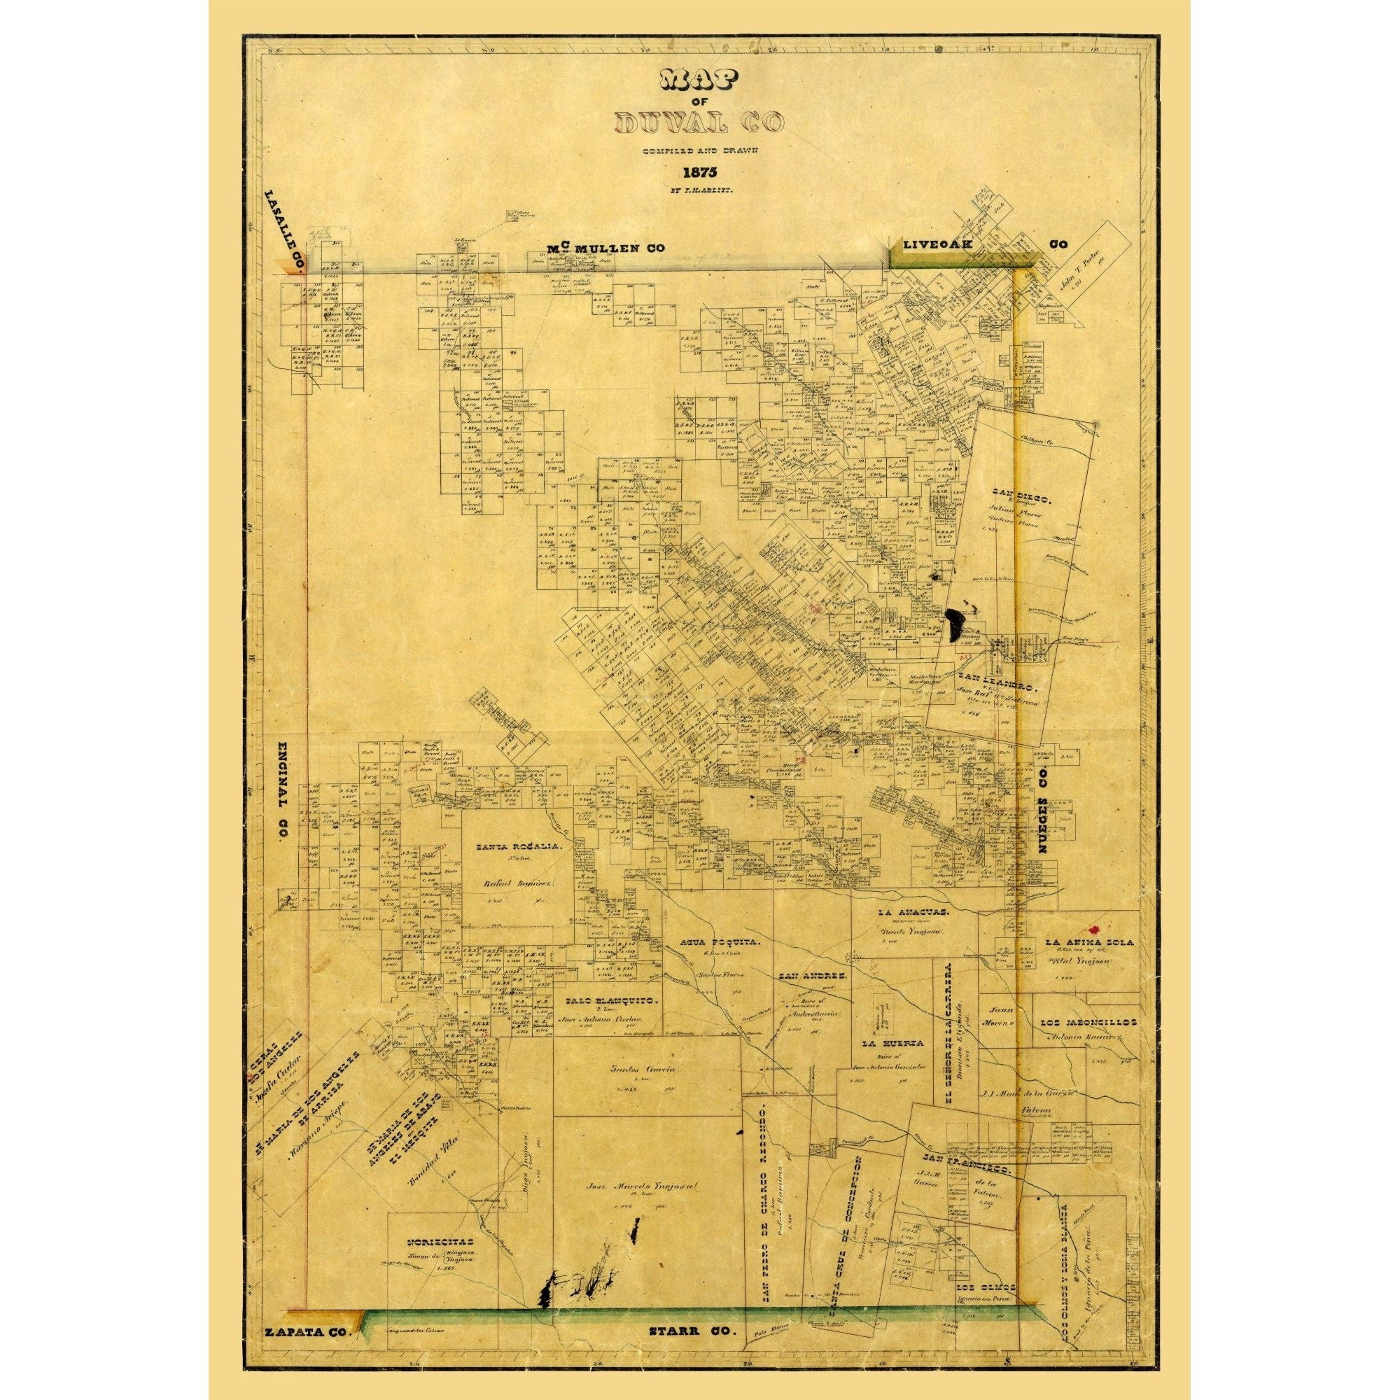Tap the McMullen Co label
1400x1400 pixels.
pos(605,248)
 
